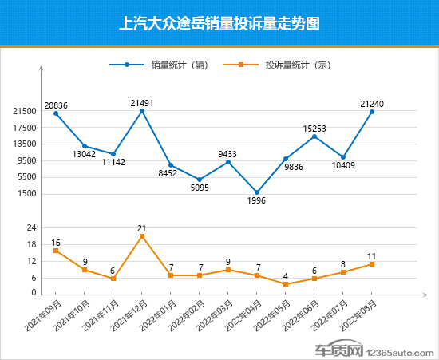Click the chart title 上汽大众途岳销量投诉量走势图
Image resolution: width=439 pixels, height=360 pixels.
[x=219, y=23]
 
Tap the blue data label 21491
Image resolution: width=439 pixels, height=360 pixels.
[x=142, y=102]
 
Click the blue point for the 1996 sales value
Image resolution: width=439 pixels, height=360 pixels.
[x=257, y=192]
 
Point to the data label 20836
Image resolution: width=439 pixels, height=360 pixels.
[x=56, y=105]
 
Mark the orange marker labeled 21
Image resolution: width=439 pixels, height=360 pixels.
[x=142, y=236]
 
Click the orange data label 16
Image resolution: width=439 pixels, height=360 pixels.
[x=56, y=242]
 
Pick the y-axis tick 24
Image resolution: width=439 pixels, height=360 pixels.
[x=31, y=228]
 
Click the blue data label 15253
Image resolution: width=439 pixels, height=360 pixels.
[x=314, y=128]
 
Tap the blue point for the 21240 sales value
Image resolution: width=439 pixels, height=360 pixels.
[x=372, y=112]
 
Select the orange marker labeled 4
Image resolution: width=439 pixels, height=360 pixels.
[x=286, y=284]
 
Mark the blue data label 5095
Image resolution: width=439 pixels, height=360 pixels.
[x=200, y=188]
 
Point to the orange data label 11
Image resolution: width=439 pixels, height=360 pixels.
[x=372, y=255]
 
